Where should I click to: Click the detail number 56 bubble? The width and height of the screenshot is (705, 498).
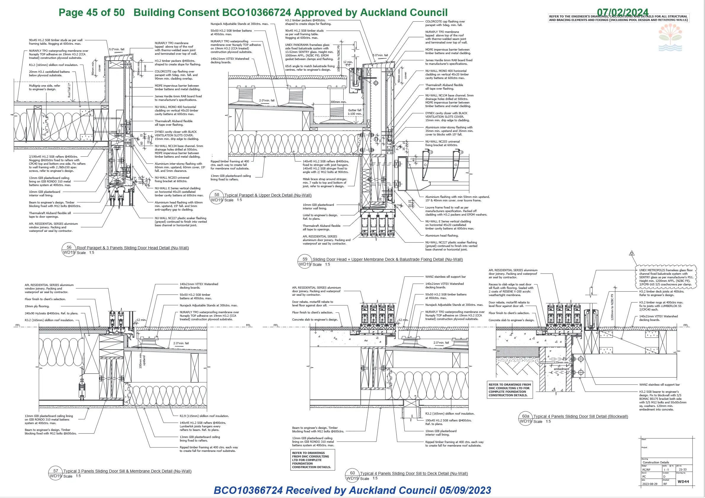pos(69,250)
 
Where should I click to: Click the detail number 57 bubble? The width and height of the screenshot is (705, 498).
pos(56,473)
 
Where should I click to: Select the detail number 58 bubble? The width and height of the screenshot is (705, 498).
pos(217,197)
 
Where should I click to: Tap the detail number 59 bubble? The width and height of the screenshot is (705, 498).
pos(305,261)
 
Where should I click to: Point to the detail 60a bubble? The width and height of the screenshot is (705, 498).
pos(526,418)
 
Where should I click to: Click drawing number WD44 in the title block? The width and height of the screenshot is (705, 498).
pos(683,481)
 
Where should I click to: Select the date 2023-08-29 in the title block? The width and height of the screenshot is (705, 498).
pos(650,484)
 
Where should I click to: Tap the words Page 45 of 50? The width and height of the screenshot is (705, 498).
pos(91,12)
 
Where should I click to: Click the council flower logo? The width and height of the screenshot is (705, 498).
pos(670,38)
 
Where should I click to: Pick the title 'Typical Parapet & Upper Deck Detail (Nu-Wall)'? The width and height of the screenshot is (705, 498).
pos(268,195)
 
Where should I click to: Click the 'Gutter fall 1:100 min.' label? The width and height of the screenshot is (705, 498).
pos(355,112)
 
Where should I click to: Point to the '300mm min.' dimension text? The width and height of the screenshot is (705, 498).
pos(338,102)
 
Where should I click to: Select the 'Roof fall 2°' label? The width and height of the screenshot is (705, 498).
pos(69,90)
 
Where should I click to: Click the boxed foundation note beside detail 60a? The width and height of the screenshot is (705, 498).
pos(510,390)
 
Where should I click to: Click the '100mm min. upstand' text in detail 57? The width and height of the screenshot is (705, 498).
pos(142,361)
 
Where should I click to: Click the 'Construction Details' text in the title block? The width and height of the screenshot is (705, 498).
pos(656,462)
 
